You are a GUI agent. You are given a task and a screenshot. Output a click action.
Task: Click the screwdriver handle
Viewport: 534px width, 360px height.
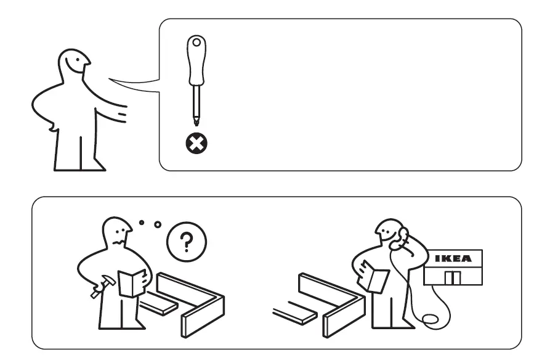point(196,62)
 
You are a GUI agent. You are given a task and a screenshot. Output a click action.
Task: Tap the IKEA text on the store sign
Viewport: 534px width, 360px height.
point(454,258)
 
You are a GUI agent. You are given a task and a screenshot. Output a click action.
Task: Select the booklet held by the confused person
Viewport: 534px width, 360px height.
point(131,282)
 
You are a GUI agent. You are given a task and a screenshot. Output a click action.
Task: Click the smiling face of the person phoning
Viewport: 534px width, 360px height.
point(387,233)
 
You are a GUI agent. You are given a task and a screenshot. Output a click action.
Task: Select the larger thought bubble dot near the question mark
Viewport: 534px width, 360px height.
point(157,225)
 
